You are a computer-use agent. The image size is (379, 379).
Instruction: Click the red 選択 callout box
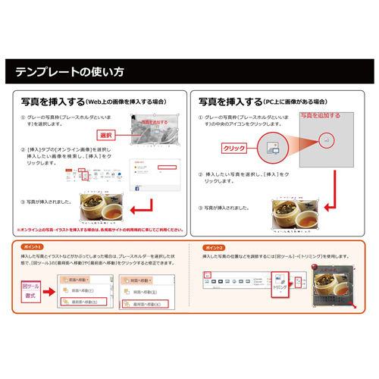(108, 134)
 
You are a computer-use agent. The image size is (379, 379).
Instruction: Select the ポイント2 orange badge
(215, 247)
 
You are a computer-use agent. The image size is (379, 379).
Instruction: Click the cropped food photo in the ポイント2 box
(334, 290)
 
